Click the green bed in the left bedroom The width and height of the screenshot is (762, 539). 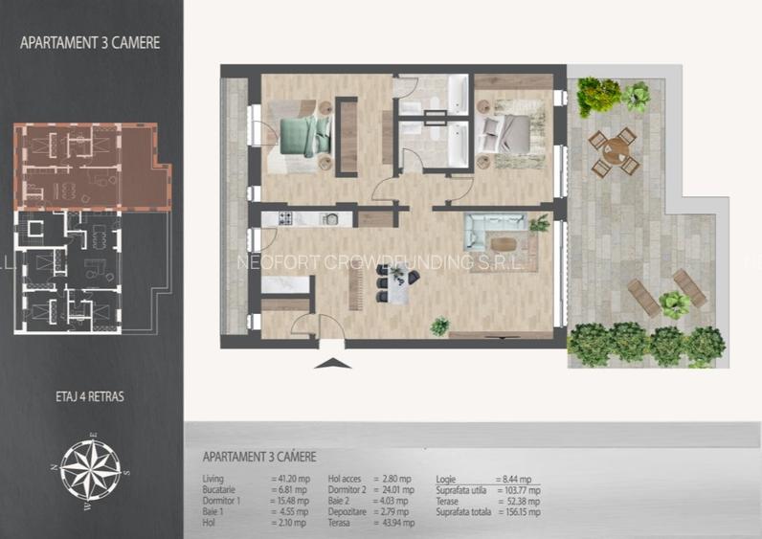coord(305,135)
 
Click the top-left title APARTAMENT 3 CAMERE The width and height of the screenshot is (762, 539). coord(90,42)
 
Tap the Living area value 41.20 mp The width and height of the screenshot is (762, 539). coord(291,478)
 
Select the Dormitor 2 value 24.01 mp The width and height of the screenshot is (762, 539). coord(396,489)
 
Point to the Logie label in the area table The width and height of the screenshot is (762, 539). coord(447,478)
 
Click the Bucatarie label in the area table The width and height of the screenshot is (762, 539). coord(221,489)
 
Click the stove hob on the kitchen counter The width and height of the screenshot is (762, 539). coord(284,219)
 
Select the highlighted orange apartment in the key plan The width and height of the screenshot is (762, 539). coord(91,165)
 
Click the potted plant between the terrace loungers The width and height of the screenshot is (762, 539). coord(675,304)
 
